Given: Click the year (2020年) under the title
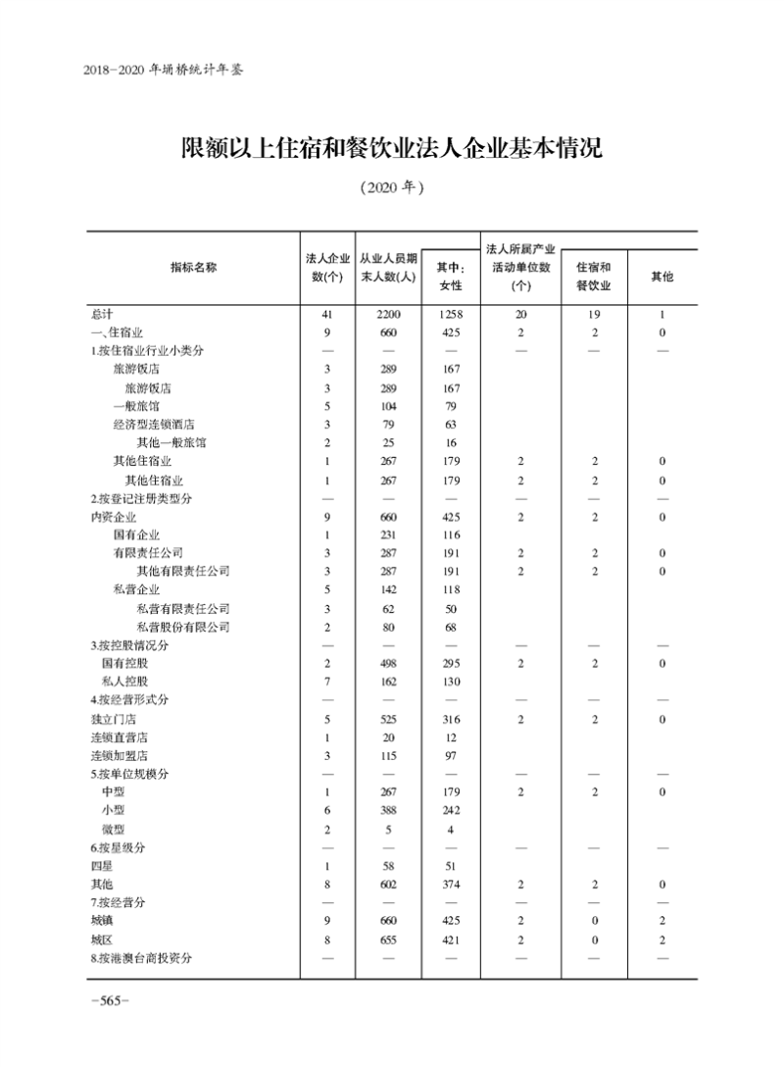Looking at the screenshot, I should (x=391, y=187).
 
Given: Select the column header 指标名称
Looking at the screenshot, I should (x=193, y=268).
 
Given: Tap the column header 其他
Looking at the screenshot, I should (x=662, y=278).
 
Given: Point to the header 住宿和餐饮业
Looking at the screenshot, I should (x=593, y=277).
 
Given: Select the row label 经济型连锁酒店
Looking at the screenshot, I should (x=154, y=425).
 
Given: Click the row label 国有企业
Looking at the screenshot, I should (x=136, y=535).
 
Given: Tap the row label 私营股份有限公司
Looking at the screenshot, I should (x=183, y=628).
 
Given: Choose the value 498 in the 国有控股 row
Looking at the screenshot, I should (x=389, y=664).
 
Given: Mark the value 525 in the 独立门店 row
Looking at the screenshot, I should (x=389, y=719).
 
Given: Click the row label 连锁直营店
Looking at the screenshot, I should (x=120, y=737).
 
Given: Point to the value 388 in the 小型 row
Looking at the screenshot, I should (x=389, y=811).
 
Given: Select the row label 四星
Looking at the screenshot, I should (x=102, y=866).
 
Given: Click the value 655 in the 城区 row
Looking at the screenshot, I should (x=389, y=940).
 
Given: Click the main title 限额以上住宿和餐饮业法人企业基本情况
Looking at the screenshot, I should (x=391, y=149).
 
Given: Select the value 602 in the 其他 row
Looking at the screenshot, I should (x=389, y=885).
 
